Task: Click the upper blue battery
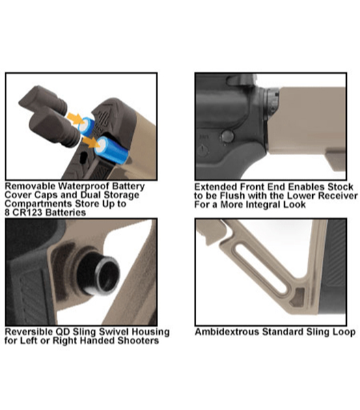click(x=87, y=126)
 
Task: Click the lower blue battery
click(x=111, y=150)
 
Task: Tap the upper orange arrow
click(x=74, y=118)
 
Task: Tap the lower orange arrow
click(x=91, y=142)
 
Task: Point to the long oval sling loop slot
click(x=261, y=267)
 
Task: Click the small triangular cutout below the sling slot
click(x=298, y=297)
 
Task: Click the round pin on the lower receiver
click(x=227, y=136)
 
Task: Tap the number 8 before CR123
click(x=8, y=213)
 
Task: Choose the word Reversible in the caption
click(x=29, y=332)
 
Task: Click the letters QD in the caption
click(x=63, y=332)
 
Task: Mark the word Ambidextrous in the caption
click(x=227, y=332)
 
